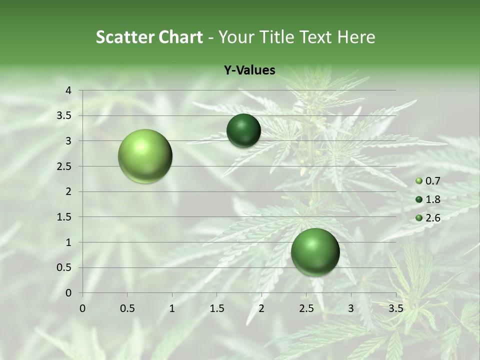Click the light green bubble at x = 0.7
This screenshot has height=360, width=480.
(145, 156)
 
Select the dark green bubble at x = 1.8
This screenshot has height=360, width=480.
(243, 131)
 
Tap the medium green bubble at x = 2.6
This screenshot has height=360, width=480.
(315, 252)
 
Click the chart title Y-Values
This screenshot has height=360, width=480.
(249, 70)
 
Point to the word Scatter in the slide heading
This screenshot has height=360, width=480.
(124, 37)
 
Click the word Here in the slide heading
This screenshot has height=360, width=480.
(356, 37)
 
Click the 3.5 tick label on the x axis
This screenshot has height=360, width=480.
(395, 308)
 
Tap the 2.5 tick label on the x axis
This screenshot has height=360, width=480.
(306, 308)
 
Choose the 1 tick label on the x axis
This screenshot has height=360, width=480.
(172, 308)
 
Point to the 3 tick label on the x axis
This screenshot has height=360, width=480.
(351, 308)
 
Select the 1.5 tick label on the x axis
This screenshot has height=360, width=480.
(216, 308)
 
